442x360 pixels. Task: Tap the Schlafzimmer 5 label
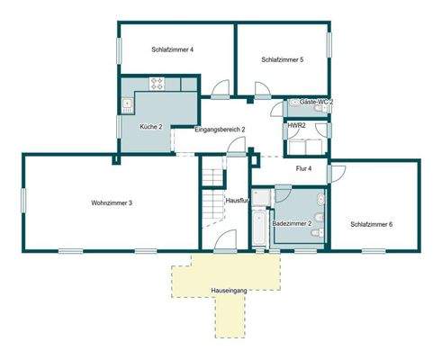(282, 60)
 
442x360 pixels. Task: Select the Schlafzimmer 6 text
(371, 224)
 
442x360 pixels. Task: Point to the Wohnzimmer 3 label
(112, 203)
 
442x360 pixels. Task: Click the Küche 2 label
(150, 126)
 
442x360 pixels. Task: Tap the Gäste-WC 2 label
(316, 103)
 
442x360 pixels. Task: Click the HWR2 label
(296, 126)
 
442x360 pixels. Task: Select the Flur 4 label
(303, 168)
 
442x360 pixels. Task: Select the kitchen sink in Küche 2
(126, 103)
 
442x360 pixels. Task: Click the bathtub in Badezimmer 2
(259, 220)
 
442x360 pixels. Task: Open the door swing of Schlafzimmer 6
(338, 173)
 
